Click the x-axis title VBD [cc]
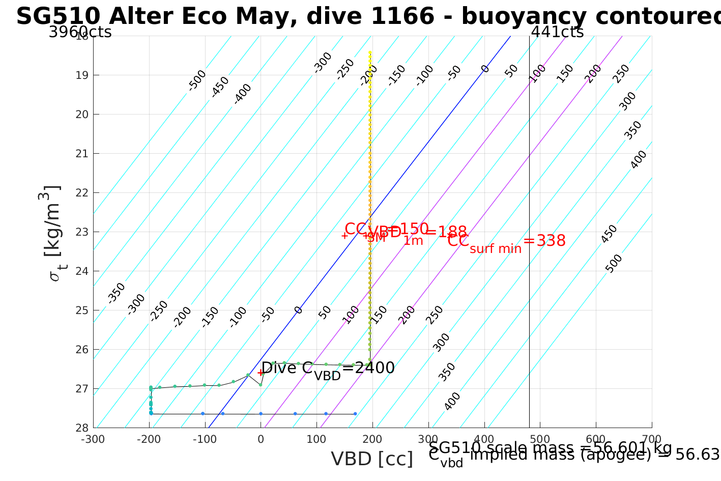(x=372, y=459)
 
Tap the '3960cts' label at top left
(x=80, y=32)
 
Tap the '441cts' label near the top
(x=557, y=32)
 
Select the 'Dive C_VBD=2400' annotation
(x=328, y=369)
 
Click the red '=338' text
(x=544, y=241)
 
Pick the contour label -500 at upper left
(x=197, y=80)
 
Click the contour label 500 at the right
(x=614, y=263)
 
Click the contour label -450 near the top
(x=220, y=87)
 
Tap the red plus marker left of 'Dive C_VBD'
(x=261, y=373)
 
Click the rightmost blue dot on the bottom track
(x=355, y=413)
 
